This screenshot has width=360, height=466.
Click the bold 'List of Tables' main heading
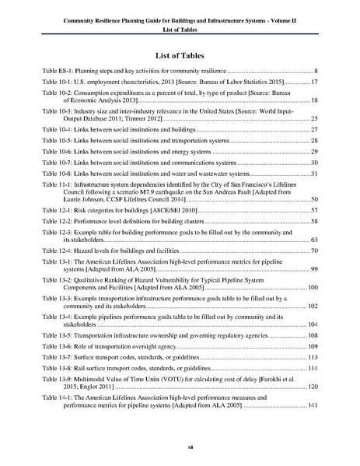(180, 56)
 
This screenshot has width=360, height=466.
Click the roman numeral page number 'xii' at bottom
(180, 449)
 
